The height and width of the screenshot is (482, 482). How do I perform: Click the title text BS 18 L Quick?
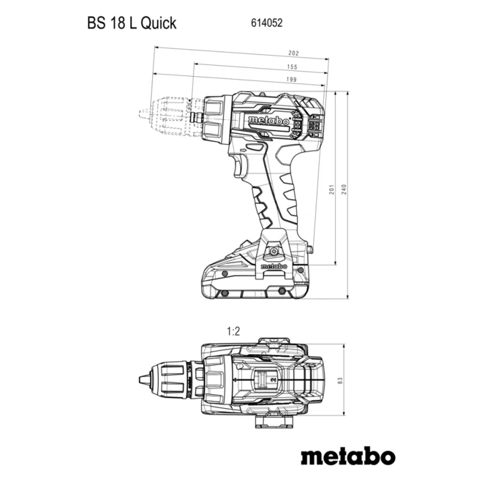132,23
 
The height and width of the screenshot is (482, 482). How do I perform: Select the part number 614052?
266,23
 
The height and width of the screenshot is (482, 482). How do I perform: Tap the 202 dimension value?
293,53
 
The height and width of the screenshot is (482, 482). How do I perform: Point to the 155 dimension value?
293,67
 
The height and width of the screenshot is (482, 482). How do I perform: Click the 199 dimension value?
291,79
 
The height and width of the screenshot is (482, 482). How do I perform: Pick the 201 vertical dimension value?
331,189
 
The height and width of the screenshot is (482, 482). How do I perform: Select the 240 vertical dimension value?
344,189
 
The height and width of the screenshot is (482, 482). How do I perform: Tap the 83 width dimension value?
340,381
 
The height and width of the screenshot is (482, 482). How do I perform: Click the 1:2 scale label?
233,331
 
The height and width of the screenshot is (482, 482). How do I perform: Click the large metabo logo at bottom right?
348,457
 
